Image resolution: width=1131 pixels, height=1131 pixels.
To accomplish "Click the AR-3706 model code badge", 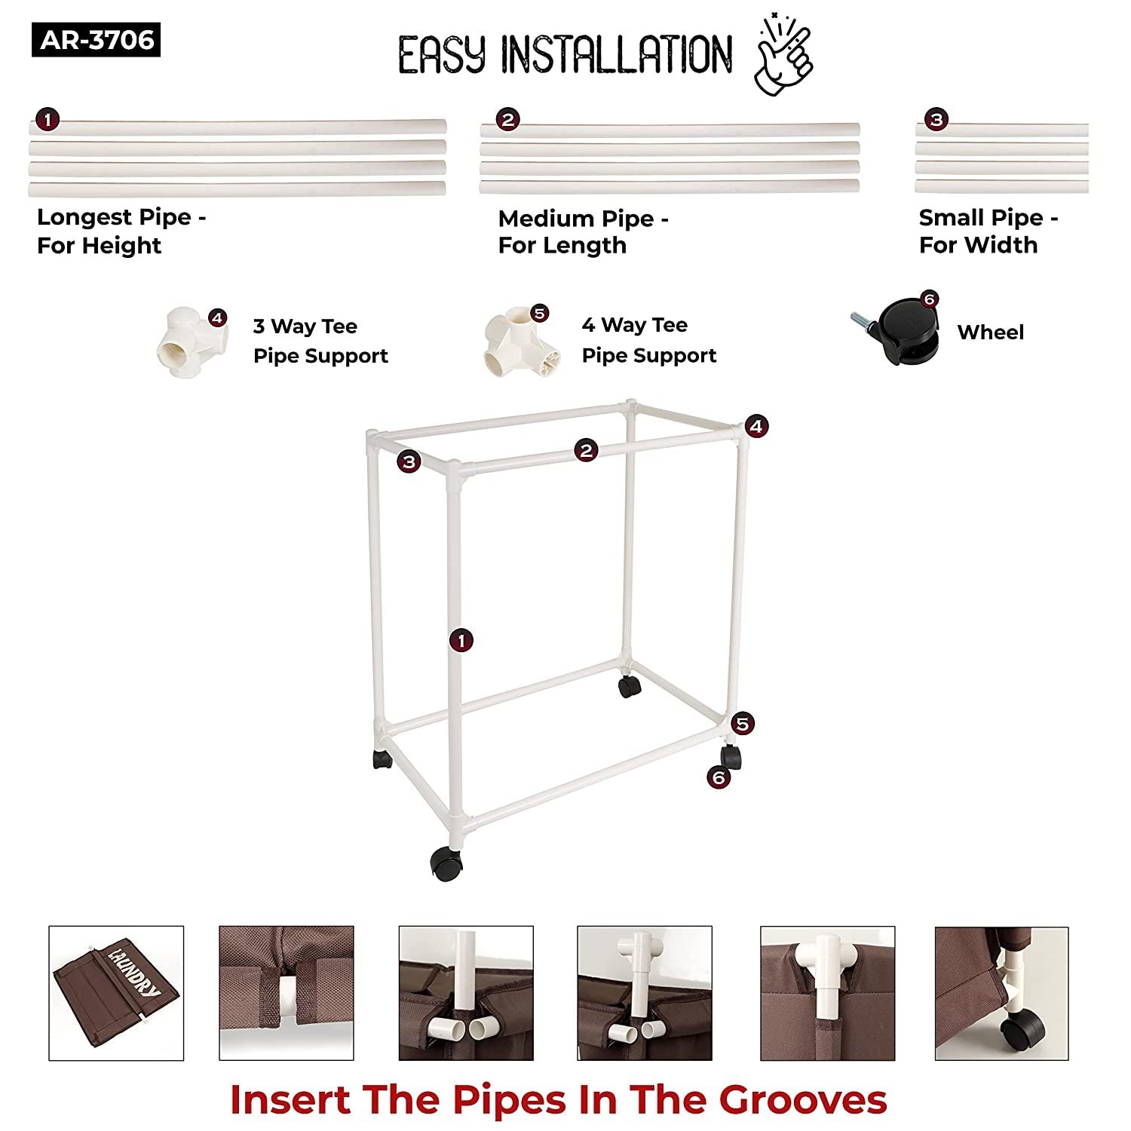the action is (x=96, y=40).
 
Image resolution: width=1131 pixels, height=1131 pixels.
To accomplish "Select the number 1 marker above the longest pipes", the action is (x=48, y=119).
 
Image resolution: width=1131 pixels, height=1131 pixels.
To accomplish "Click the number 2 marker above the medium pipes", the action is (x=507, y=119).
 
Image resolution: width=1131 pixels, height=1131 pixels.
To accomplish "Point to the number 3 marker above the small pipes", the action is (x=936, y=119).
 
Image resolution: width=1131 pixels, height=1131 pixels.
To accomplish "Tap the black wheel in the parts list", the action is (x=897, y=331).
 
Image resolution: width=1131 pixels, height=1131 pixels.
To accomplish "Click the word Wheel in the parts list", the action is (x=991, y=332).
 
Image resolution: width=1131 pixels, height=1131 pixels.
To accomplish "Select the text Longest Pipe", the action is (x=114, y=217).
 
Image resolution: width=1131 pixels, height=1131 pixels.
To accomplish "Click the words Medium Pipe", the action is (x=576, y=219).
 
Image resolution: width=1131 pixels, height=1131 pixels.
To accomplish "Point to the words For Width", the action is (x=978, y=244).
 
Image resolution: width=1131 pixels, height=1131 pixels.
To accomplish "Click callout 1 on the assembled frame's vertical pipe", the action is (x=461, y=641).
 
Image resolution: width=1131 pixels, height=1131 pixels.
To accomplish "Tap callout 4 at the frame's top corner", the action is (x=756, y=425).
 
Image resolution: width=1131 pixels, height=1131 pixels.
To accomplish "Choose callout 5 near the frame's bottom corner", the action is (x=743, y=724).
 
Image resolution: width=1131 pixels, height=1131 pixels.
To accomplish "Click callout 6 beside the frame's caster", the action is (x=719, y=777).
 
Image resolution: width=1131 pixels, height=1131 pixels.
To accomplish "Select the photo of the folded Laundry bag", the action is (x=116, y=993).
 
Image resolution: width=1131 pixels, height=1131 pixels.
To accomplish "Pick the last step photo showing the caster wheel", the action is (x=1001, y=994).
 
